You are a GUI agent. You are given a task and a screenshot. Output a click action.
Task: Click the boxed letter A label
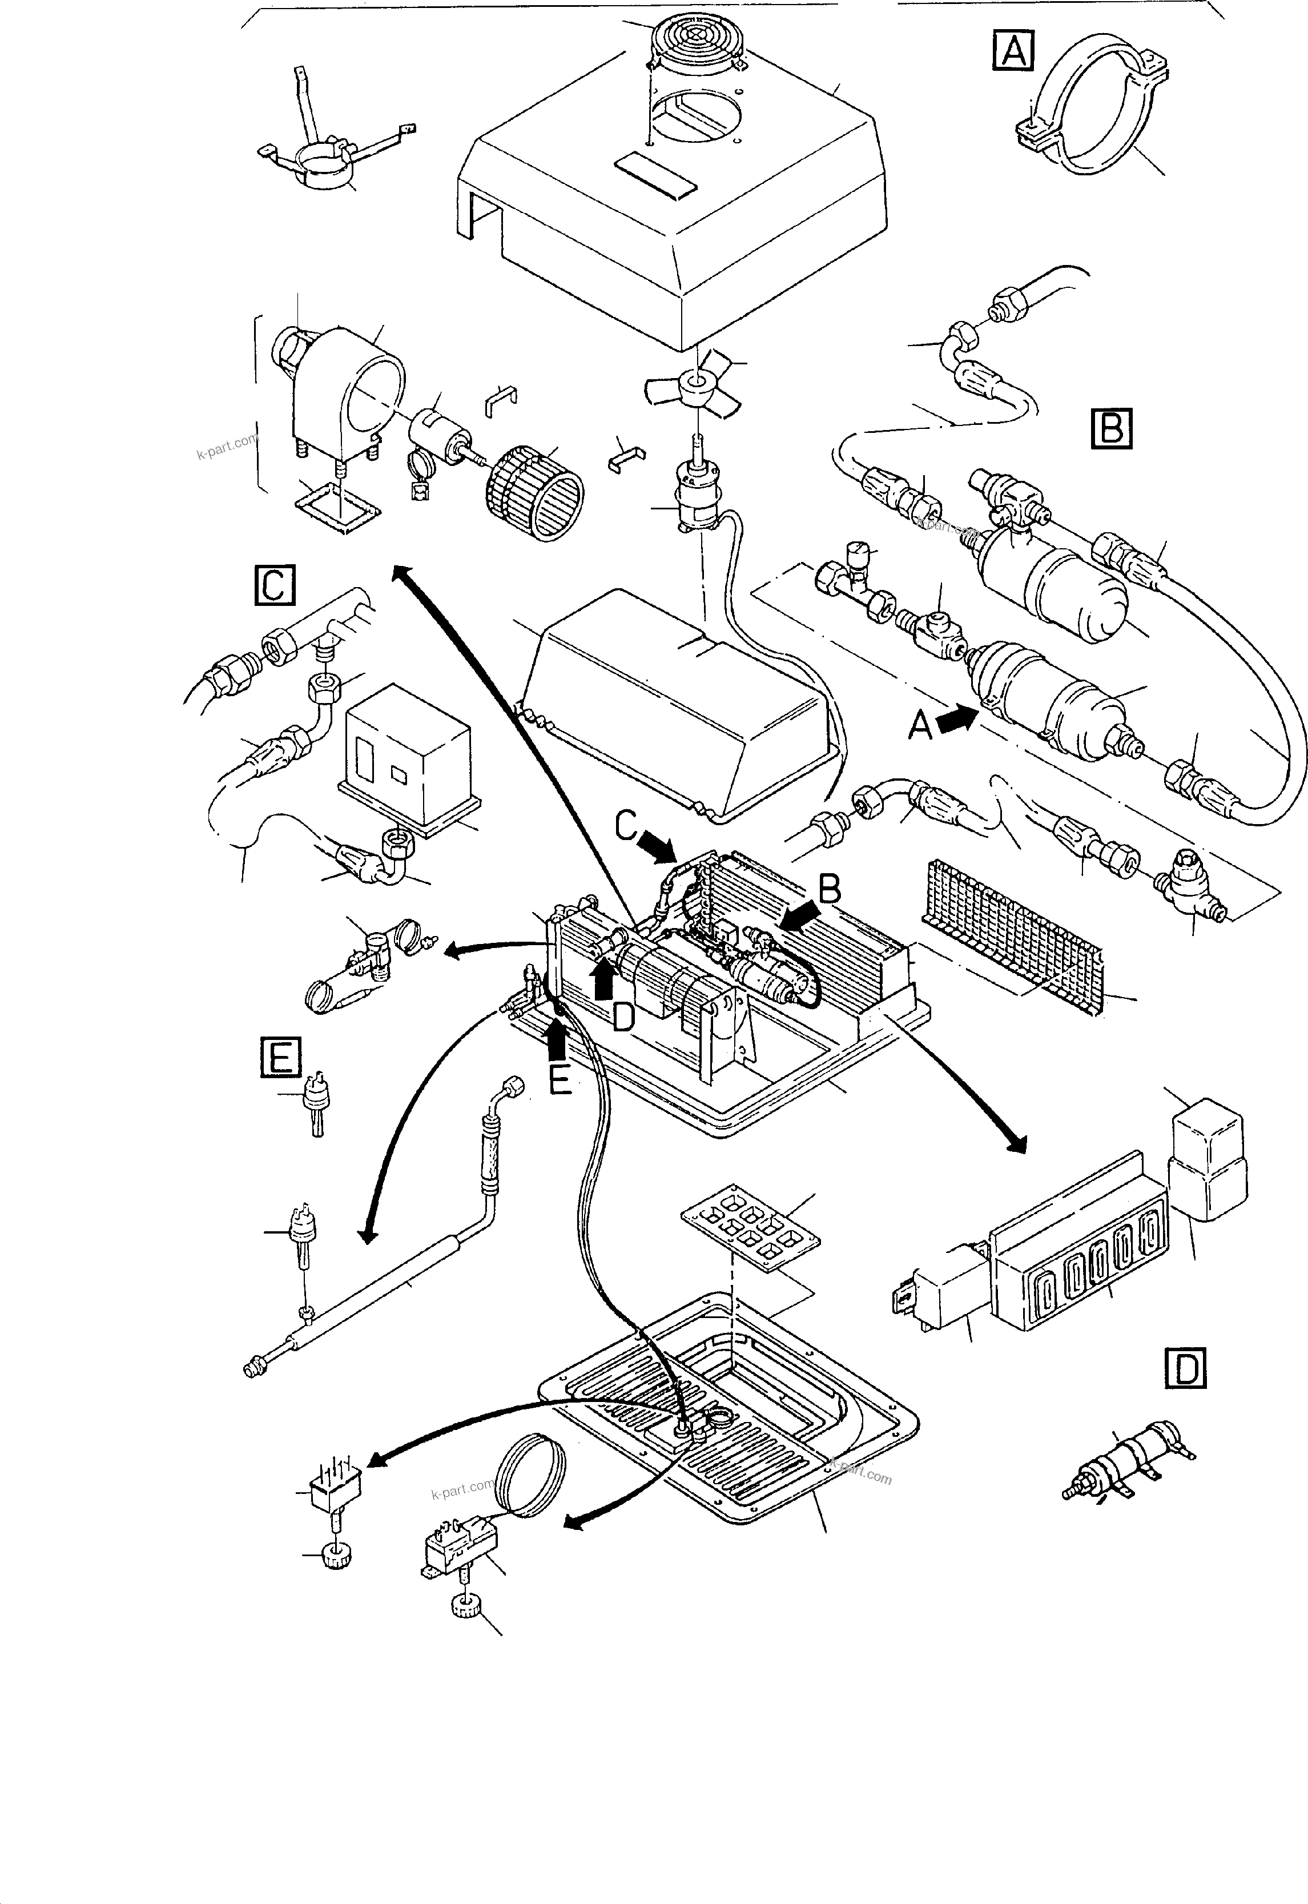(x=1013, y=51)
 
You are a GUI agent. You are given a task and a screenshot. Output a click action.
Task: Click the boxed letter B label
(x=1111, y=428)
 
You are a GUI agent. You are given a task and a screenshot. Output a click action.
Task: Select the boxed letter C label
(x=273, y=584)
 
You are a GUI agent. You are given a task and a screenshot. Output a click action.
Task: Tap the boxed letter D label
(x=1186, y=1368)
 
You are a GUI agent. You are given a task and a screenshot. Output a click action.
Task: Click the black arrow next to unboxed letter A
(x=956, y=721)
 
